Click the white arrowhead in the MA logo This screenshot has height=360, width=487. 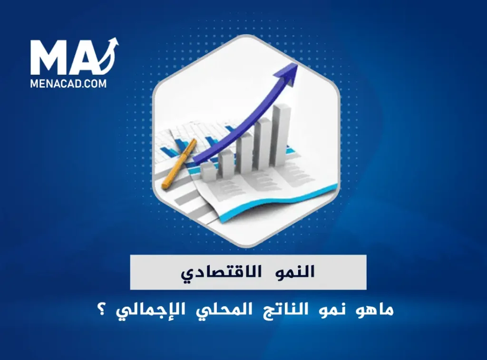[x=113, y=44]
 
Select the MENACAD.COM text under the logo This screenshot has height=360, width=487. [x=68, y=84]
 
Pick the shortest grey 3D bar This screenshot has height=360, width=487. [x=208, y=171]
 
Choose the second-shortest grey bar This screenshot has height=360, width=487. [x=226, y=162]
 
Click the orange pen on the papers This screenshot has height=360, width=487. [x=179, y=163]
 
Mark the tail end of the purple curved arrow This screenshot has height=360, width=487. [x=200, y=159]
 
